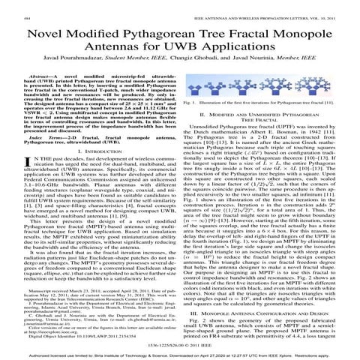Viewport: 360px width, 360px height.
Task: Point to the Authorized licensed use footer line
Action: click(180, 354)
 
